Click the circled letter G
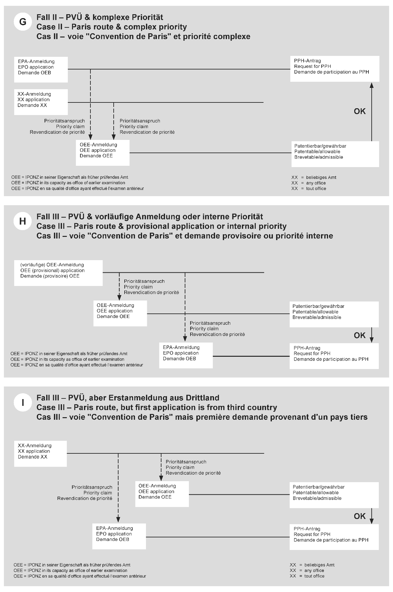(23, 22)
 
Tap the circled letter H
(23, 221)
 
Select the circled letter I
(23, 403)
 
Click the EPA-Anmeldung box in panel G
(41, 69)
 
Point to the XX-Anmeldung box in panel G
(41, 102)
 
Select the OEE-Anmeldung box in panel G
(103, 153)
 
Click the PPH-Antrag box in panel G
(335, 69)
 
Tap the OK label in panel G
(360, 111)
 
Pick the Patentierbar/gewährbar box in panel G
(335, 154)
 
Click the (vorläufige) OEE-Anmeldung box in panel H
(58, 273)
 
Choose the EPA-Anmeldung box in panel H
(186, 355)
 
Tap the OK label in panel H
(360, 335)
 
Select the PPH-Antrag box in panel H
(334, 356)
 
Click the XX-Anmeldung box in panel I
(40, 453)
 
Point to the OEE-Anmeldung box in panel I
(162, 494)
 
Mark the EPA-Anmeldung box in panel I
(119, 536)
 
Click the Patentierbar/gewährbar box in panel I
(334, 495)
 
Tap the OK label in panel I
(360, 516)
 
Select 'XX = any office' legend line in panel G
(309, 183)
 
